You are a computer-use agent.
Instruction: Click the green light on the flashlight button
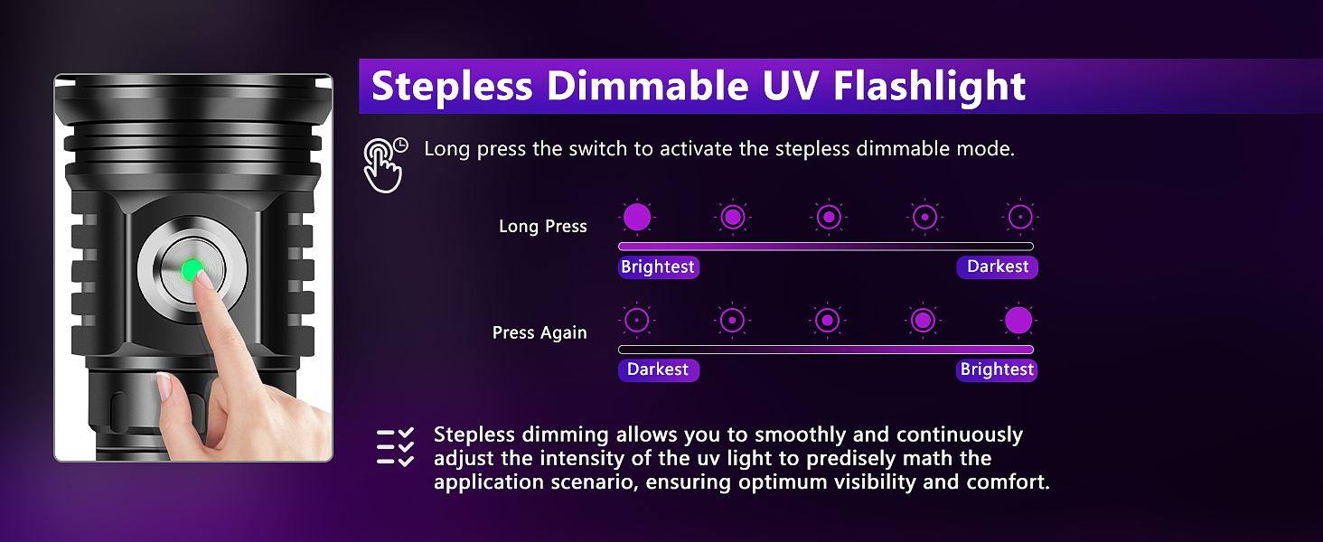(x=192, y=269)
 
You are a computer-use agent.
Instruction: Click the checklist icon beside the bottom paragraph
(x=395, y=447)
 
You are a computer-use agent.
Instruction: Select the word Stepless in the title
(x=452, y=87)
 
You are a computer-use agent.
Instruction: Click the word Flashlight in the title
(x=929, y=87)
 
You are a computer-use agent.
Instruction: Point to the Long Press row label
(x=542, y=227)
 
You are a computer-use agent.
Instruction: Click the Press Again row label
(x=540, y=333)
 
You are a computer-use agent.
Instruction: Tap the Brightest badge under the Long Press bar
(x=658, y=267)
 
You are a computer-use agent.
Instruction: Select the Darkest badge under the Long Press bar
(x=998, y=267)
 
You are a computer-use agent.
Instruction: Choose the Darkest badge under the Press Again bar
(x=658, y=370)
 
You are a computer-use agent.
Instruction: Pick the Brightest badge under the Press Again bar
(x=997, y=370)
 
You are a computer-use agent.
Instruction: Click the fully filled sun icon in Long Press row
(x=637, y=218)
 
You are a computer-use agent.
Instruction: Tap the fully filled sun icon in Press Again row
(x=1018, y=321)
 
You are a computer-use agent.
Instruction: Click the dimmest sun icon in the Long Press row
(x=1020, y=218)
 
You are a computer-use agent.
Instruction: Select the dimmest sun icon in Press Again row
(x=637, y=321)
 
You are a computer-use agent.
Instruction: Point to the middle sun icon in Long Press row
(x=828, y=218)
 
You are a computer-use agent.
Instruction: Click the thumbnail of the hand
(x=164, y=387)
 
